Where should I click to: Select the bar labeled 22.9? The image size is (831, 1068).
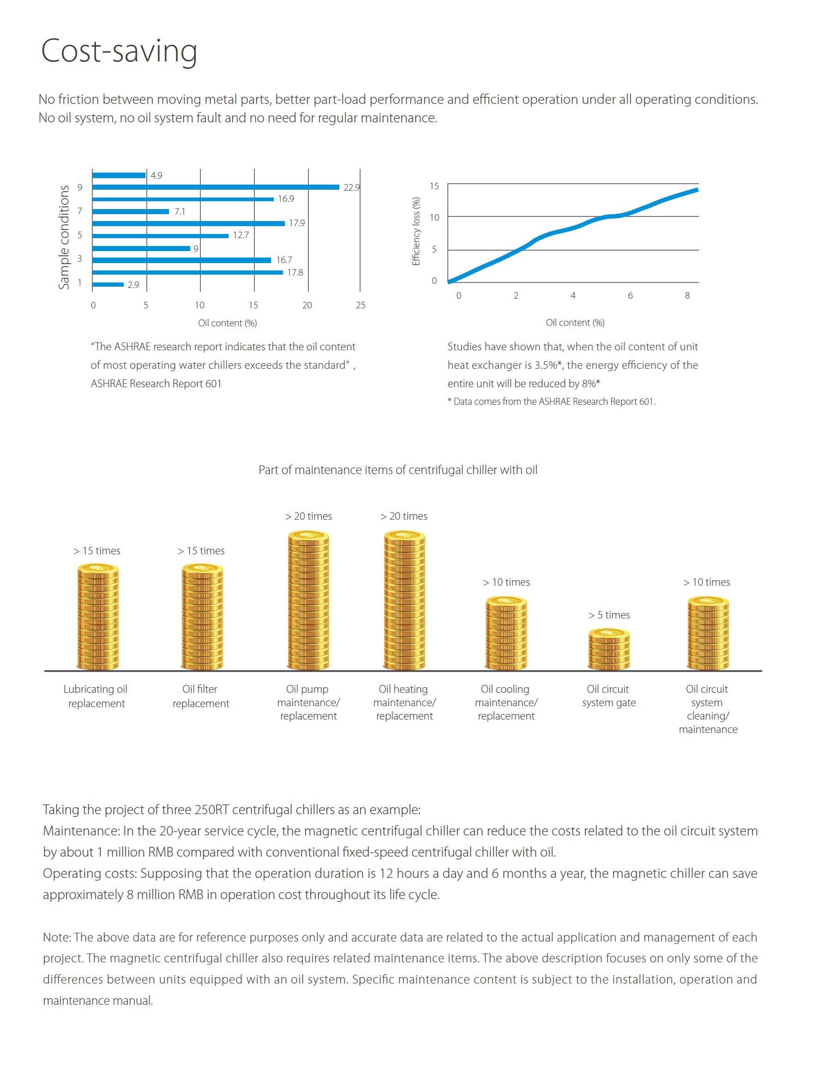coord(216,187)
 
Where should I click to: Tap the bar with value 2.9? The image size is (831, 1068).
coord(108,285)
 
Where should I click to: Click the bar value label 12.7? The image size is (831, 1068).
coord(241,235)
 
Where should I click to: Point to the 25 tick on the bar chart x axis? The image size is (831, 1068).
coord(361,305)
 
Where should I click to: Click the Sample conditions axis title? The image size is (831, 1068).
coord(64,237)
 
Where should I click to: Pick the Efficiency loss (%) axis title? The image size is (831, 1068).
coord(416,231)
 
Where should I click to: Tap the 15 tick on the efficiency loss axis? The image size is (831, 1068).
coord(434,186)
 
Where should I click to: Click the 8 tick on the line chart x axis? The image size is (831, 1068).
coord(687,295)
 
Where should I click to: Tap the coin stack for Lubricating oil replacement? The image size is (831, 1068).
coord(98,617)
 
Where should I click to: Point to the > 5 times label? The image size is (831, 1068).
coord(609,615)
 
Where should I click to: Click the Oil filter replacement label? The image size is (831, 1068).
coord(200,696)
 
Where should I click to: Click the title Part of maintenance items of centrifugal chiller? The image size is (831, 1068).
coord(398,470)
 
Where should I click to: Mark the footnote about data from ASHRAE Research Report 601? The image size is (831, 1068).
coord(551,402)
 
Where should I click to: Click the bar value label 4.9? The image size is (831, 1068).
coord(157,175)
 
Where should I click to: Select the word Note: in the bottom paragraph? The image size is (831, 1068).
coord(58,937)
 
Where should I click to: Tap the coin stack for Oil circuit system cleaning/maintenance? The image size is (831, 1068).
coord(708,633)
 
